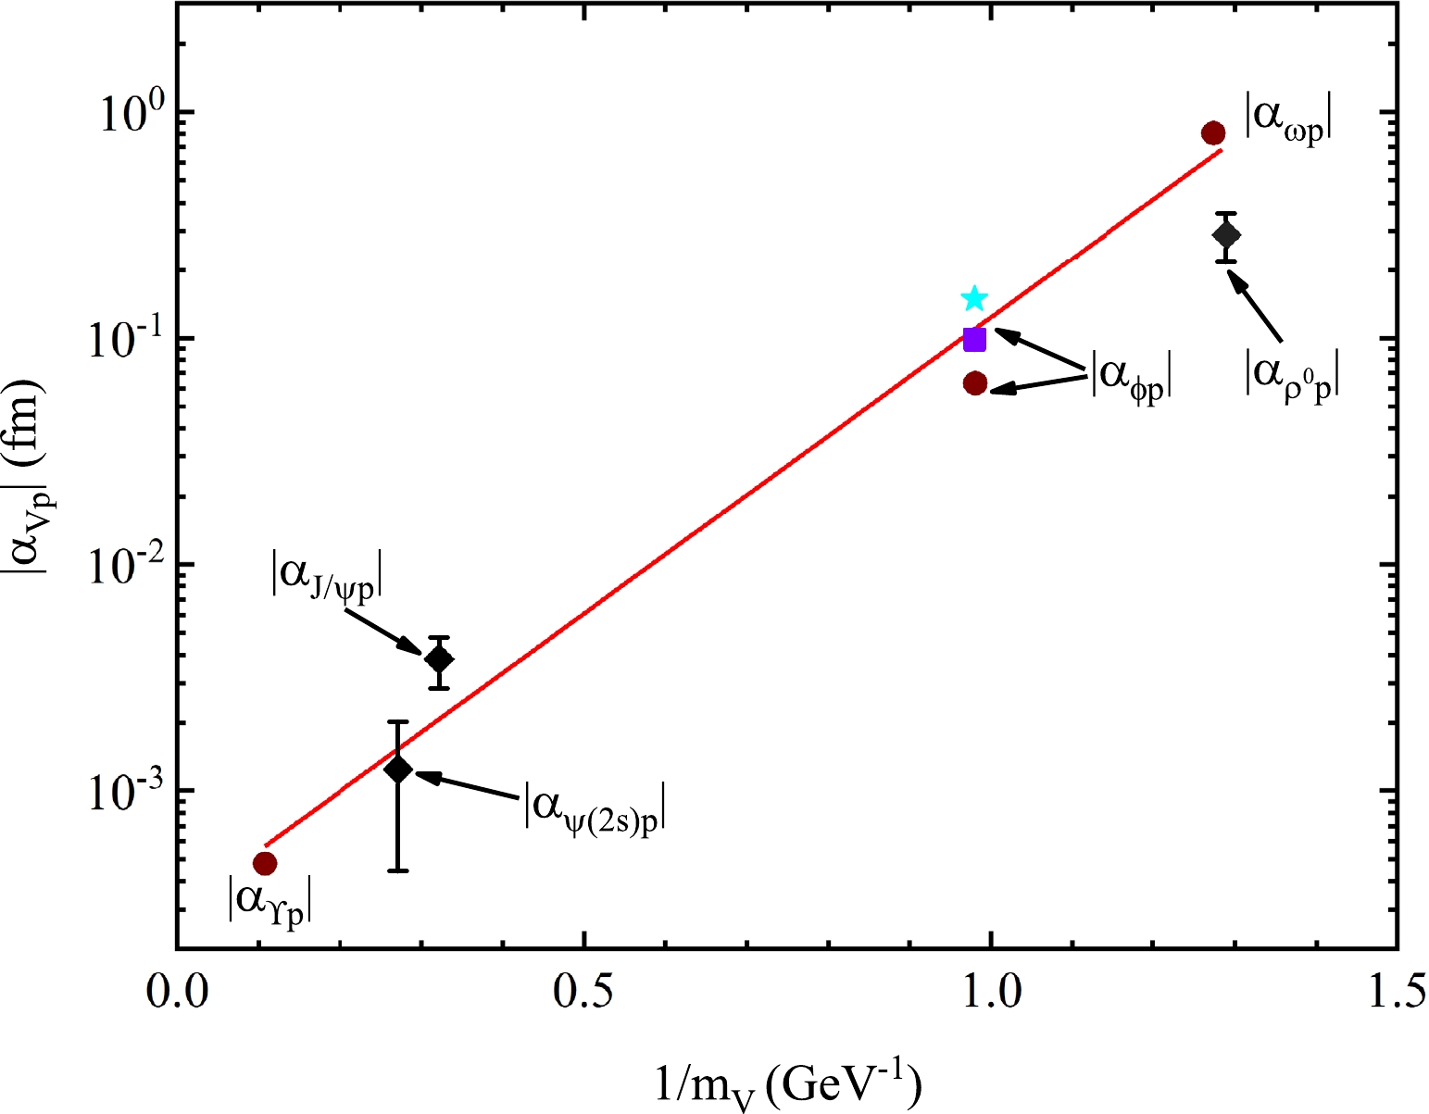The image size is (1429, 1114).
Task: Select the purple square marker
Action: click(974, 340)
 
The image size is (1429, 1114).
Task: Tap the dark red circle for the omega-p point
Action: click(1213, 133)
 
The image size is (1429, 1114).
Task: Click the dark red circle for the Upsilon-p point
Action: click(265, 863)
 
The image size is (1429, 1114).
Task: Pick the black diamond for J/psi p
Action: click(439, 660)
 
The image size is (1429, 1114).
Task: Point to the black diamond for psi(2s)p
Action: click(398, 769)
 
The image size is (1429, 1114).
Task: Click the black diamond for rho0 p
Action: click(1227, 235)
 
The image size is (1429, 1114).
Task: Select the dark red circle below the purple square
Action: click(975, 383)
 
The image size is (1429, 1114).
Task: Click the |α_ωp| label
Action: click(1288, 119)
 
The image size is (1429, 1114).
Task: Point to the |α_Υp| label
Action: click(270, 901)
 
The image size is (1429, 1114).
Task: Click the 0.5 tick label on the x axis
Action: click(583, 992)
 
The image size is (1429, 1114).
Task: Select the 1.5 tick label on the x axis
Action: click(1396, 992)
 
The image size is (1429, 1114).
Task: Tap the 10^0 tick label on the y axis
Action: click(129, 110)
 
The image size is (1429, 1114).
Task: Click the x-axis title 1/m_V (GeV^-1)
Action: click(788, 1083)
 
